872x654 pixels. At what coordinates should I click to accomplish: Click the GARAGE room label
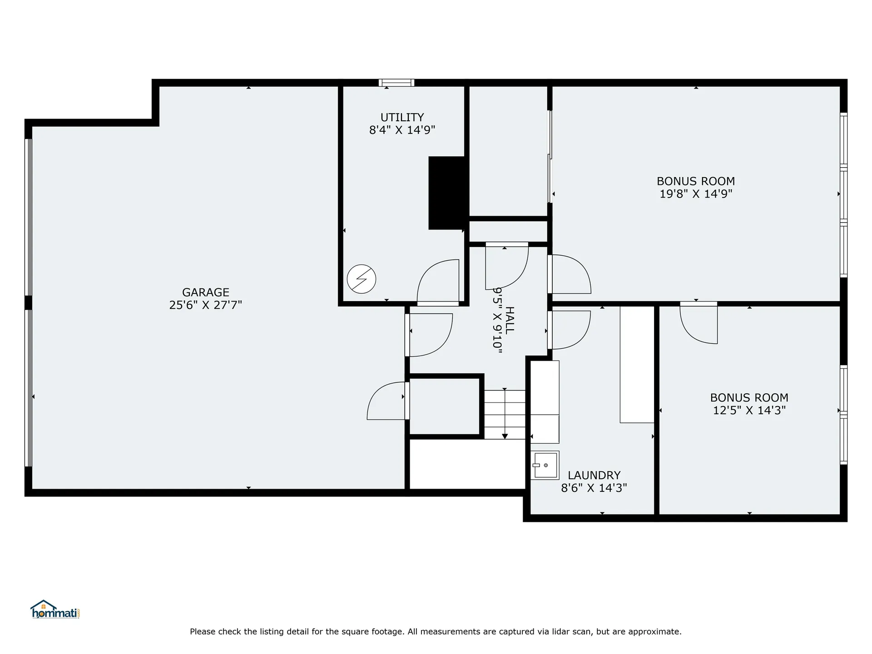(x=205, y=292)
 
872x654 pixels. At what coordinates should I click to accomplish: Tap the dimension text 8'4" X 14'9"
(x=402, y=130)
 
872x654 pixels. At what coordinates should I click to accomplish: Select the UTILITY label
(x=402, y=117)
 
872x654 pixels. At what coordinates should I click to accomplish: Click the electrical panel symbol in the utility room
(x=362, y=279)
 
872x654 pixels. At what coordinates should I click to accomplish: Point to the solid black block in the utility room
(x=447, y=193)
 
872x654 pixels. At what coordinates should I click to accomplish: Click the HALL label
(x=510, y=320)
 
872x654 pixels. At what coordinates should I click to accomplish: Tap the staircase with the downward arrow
(x=505, y=414)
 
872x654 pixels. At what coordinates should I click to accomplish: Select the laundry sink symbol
(x=545, y=465)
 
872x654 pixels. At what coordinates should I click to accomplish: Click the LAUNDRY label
(x=594, y=475)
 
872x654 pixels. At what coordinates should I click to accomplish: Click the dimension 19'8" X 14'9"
(x=696, y=194)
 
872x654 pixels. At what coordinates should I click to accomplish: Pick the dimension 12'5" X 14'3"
(x=749, y=410)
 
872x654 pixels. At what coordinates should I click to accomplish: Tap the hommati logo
(x=55, y=609)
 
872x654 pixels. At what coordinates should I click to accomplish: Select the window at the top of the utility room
(x=396, y=83)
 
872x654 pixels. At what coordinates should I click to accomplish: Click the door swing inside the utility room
(x=438, y=282)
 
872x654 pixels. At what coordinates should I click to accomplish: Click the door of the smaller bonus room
(x=699, y=323)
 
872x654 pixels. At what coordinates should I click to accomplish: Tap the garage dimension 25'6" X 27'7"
(x=205, y=305)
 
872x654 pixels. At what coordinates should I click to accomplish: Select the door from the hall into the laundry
(x=570, y=330)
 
